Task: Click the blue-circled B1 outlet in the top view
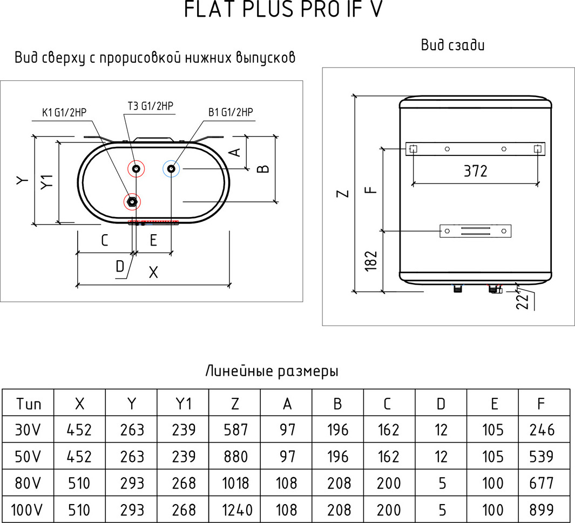tap(171, 169)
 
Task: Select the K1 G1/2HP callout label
tap(64, 113)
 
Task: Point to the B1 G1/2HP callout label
tap(231, 112)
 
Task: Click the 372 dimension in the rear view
tap(475, 171)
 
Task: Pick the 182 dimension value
tap(370, 261)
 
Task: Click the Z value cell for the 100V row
tap(234, 510)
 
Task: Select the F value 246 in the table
tap(542, 430)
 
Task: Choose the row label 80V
tap(28, 483)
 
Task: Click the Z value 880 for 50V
tap(234, 457)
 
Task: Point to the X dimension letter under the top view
tap(153, 273)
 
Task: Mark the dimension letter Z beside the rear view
tap(343, 193)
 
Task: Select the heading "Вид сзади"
tap(452, 45)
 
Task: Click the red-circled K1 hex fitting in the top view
tap(132, 202)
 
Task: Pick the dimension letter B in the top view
tap(262, 169)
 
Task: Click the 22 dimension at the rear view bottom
tap(522, 301)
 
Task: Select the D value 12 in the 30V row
tap(441, 430)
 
